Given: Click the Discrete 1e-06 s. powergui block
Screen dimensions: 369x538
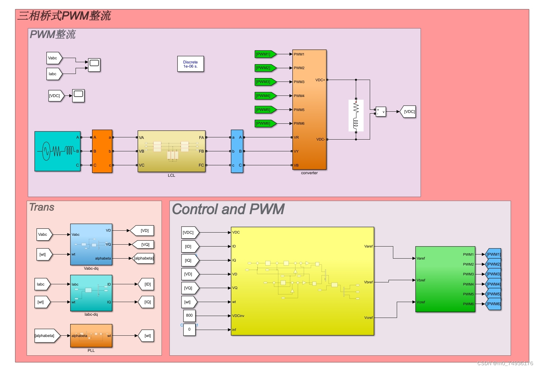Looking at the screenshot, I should click(x=190, y=64).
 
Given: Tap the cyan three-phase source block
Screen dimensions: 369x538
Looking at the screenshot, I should click(x=57, y=151).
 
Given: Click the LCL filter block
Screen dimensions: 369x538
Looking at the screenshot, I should click(x=171, y=151).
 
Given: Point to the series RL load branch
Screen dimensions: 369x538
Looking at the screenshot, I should click(x=356, y=115).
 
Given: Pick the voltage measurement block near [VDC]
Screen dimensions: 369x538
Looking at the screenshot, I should click(x=381, y=112).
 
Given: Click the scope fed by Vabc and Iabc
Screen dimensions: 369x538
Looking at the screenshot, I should click(x=94, y=65).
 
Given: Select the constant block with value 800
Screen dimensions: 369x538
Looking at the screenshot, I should click(x=189, y=315).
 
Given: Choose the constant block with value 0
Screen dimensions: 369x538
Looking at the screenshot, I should click(x=189, y=329).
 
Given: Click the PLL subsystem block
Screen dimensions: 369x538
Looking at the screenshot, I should click(x=91, y=336).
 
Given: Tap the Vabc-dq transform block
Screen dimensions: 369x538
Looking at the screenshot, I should click(x=91, y=244).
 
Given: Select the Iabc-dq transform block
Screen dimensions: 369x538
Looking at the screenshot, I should click(x=91, y=293).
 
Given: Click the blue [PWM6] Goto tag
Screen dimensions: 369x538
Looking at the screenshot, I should click(x=494, y=304).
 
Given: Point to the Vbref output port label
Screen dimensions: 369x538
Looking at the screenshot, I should click(x=368, y=282).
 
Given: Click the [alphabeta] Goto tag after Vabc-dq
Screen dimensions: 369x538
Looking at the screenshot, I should click(x=143, y=258).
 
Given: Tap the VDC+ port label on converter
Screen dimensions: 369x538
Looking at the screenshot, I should click(x=320, y=80).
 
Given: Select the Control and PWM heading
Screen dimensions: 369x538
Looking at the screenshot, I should click(x=228, y=209).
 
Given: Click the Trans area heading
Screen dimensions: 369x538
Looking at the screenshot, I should click(x=42, y=207).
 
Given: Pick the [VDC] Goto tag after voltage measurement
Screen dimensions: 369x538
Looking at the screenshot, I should click(x=408, y=112).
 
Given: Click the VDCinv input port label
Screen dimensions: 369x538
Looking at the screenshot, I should click(x=238, y=316).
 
